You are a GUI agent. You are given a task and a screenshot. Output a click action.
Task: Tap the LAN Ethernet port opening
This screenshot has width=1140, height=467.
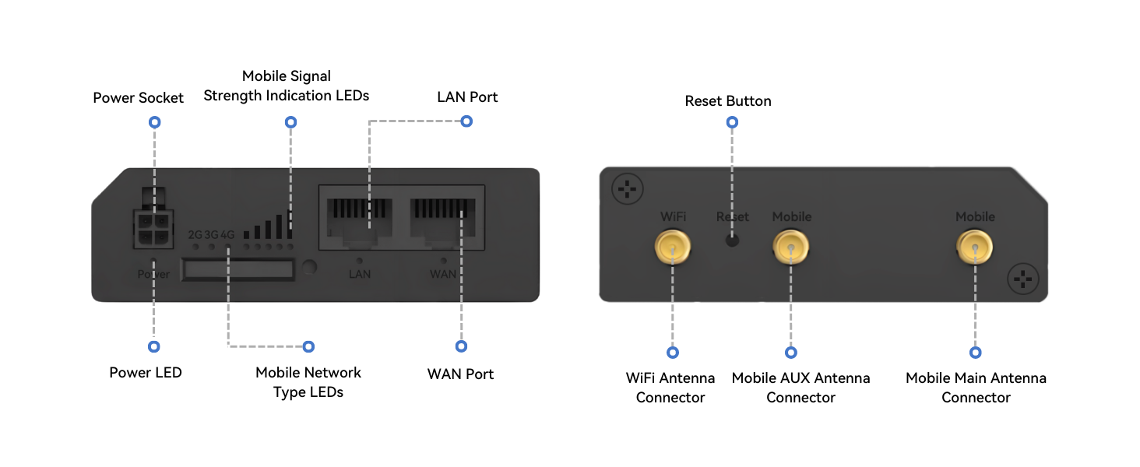[359, 220]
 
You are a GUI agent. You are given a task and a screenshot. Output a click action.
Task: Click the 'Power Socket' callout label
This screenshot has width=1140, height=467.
[139, 98]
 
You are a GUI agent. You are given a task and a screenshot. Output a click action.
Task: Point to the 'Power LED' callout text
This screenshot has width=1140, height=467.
[146, 373]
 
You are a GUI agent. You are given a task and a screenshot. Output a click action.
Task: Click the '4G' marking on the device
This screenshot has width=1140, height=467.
[227, 233]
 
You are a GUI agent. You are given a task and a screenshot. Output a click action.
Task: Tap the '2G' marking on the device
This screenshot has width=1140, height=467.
[195, 233]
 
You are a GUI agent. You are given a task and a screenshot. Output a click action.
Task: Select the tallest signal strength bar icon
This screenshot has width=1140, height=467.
[290, 224]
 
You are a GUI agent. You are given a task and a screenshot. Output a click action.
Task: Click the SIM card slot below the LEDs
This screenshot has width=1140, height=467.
[237, 269]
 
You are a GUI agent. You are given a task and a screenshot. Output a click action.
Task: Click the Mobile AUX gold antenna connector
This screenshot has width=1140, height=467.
[791, 249]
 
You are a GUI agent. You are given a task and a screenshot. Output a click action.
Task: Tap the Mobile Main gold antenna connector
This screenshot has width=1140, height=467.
[975, 249]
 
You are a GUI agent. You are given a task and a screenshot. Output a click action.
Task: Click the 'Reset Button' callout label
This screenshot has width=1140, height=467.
[728, 101]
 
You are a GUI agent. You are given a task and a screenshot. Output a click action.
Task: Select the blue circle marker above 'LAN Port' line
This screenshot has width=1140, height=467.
[466, 121]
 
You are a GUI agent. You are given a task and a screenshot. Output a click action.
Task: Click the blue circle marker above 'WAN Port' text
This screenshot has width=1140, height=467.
[461, 346]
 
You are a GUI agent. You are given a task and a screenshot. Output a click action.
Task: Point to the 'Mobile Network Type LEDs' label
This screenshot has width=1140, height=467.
[308, 382]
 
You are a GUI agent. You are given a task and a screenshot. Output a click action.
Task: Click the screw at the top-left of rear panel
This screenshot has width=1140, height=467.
[627, 188]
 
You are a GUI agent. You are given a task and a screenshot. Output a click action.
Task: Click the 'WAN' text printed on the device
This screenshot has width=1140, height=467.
[443, 274]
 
